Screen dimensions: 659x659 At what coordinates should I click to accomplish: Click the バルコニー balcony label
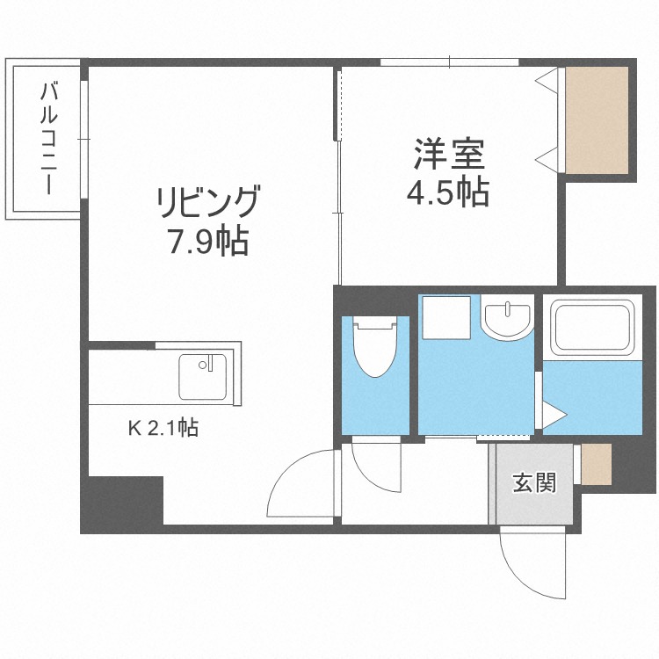tap(48, 138)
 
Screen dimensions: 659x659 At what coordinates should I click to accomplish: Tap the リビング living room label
tap(208, 202)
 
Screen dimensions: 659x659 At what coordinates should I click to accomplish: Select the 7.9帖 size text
tap(208, 240)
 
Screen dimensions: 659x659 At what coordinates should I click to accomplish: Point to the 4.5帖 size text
tap(448, 192)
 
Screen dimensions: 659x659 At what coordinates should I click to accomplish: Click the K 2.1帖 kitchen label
tap(163, 429)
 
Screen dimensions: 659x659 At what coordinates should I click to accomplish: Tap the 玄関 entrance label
tap(534, 482)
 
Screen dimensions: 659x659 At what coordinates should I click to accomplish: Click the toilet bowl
tap(375, 348)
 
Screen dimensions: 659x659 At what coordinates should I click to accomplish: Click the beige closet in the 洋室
tap(597, 119)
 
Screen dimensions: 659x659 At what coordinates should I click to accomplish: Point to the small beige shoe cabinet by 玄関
tap(596, 465)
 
